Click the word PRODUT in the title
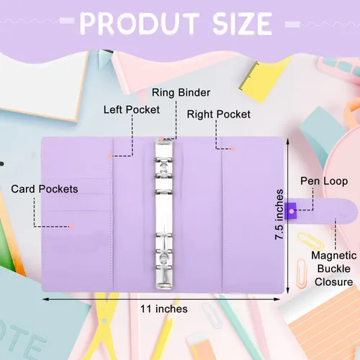pos(140,24)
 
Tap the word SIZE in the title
pos(243,24)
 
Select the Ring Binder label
pos(181,93)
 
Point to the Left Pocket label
pos(132,109)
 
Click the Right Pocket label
pos(219,114)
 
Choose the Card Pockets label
pos(45,189)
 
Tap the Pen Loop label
pos(324,181)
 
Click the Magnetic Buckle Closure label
pos(334,269)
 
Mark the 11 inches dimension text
pos(164,309)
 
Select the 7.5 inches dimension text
pos(279,215)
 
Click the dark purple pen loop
pos(290,211)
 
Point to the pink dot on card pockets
pos(71,226)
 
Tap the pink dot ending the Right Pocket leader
pos(233,149)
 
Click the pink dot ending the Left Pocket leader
pos(110,156)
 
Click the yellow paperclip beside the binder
pos(310,241)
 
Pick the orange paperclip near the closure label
pos(302,274)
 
